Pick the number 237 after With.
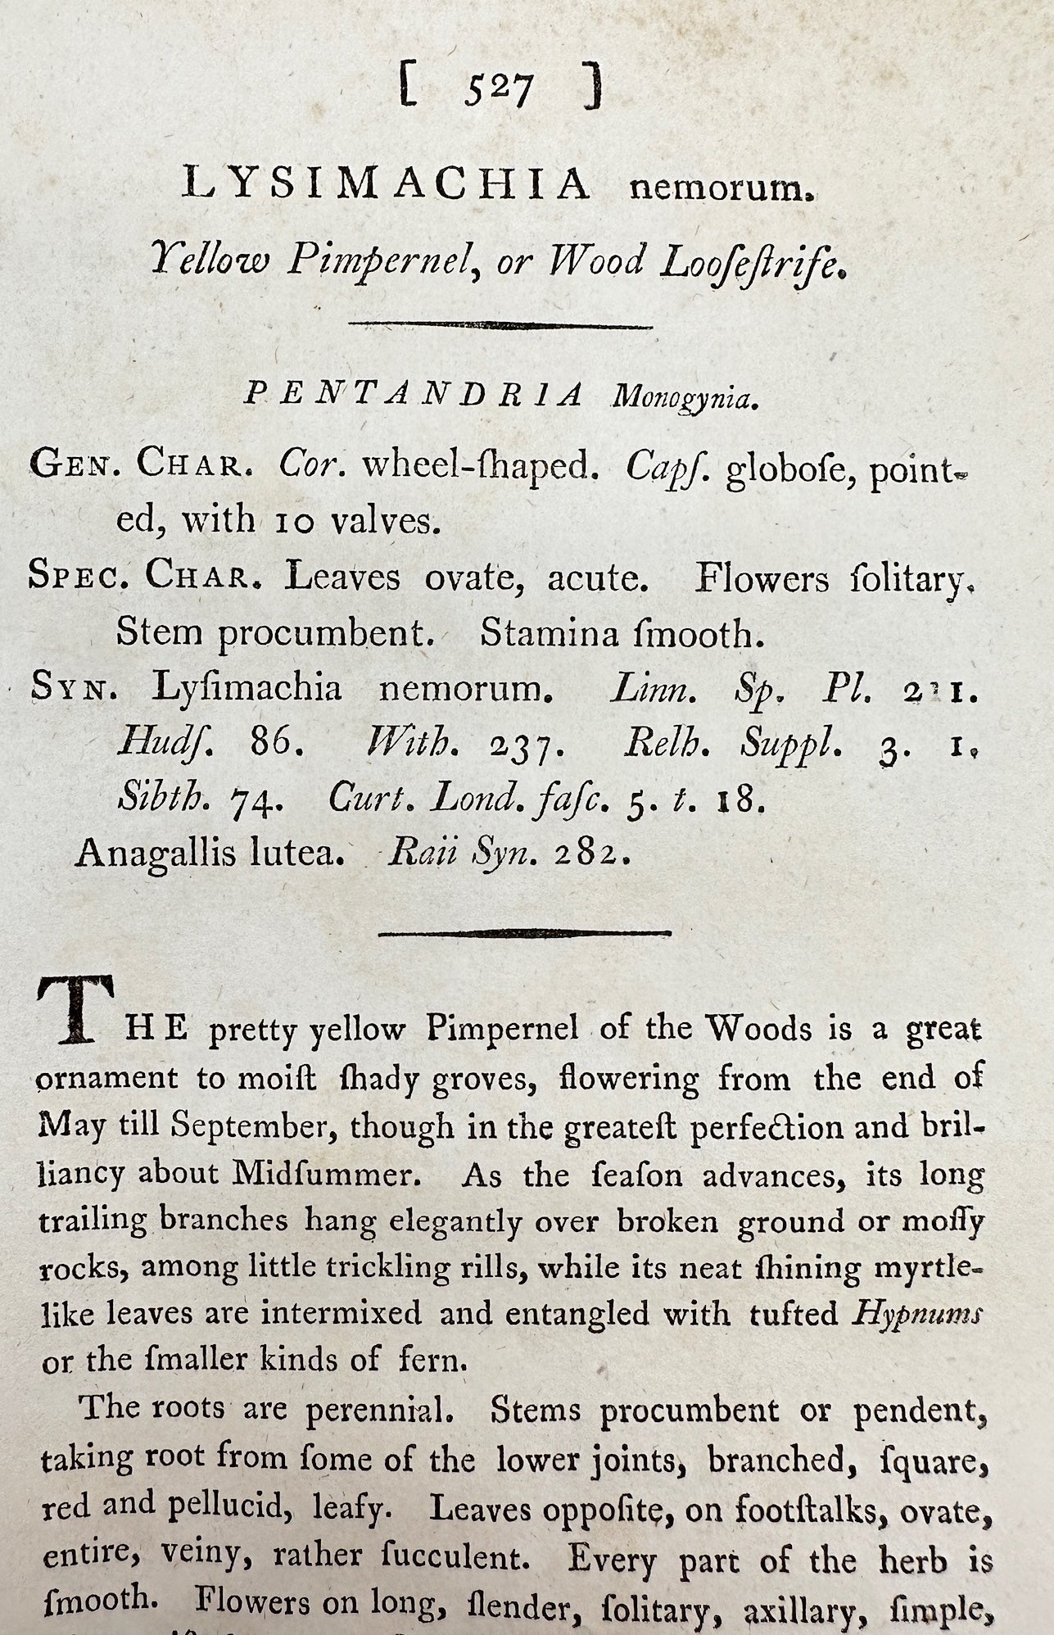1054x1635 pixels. coord(524,746)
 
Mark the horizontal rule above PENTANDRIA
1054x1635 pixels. coord(500,325)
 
